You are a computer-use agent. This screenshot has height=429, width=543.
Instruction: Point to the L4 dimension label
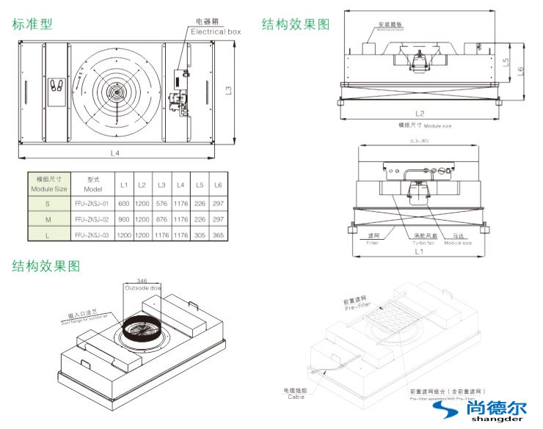point(115,153)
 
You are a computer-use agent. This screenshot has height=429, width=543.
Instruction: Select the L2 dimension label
point(420,113)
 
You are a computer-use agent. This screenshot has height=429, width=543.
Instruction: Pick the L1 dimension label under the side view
point(418,251)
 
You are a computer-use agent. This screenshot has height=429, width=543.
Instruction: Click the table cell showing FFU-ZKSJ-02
point(92,219)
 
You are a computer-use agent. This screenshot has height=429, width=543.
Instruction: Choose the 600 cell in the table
point(123,203)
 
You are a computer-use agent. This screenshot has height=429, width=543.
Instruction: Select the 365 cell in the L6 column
point(219,235)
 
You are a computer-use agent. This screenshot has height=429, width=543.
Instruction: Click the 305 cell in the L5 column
point(200,235)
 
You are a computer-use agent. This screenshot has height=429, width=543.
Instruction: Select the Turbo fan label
point(423,239)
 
